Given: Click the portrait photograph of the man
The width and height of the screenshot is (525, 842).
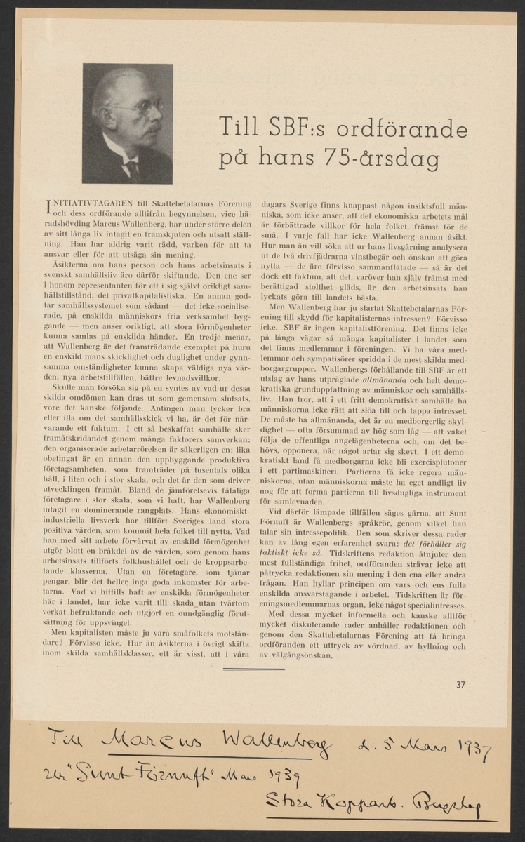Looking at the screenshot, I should point(128,123).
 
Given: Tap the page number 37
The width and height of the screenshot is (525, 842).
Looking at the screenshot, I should point(460,686).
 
